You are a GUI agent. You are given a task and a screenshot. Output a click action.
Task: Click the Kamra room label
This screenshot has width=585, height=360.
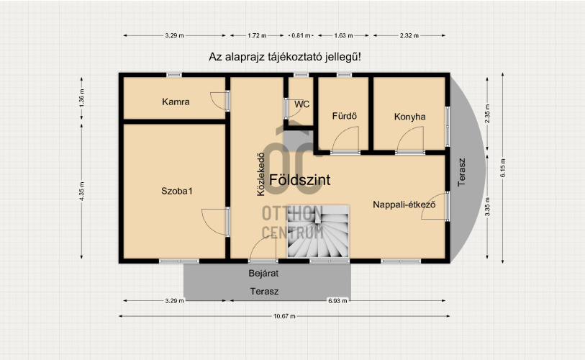(x=176, y=102)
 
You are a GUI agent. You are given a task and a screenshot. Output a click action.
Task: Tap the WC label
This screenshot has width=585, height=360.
(x=301, y=104)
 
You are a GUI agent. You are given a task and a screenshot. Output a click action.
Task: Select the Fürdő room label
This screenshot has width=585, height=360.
(x=345, y=116)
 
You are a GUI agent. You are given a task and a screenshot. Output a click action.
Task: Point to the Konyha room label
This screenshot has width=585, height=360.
(x=409, y=117)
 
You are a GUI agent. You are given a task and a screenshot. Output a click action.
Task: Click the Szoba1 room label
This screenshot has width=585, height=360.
(x=177, y=192)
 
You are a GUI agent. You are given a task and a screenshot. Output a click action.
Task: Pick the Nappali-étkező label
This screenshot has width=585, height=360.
(x=404, y=204)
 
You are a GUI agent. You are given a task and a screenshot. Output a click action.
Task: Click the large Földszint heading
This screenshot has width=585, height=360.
(x=299, y=180)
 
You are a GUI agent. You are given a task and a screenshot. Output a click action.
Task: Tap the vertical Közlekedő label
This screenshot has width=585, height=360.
(x=260, y=174)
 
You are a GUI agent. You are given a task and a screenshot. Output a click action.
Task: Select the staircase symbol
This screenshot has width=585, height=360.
(x=318, y=232)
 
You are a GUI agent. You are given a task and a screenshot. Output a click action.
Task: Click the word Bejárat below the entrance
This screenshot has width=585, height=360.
(x=263, y=274)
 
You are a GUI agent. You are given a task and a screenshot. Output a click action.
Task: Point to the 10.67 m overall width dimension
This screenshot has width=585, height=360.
(x=284, y=316)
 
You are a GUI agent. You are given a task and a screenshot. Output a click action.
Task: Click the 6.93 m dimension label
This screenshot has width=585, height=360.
(x=337, y=301)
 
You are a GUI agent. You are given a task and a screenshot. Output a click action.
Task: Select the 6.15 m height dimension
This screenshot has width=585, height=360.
(x=503, y=168)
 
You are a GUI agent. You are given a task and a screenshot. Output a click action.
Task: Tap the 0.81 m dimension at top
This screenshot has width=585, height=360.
(x=301, y=36)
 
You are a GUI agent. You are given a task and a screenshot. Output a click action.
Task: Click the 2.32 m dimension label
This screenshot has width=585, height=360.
(x=409, y=36)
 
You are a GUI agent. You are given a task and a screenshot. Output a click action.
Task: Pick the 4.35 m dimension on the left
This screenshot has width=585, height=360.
(x=82, y=191)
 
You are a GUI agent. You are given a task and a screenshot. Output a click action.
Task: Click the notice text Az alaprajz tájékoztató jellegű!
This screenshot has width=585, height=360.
(x=285, y=57)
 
